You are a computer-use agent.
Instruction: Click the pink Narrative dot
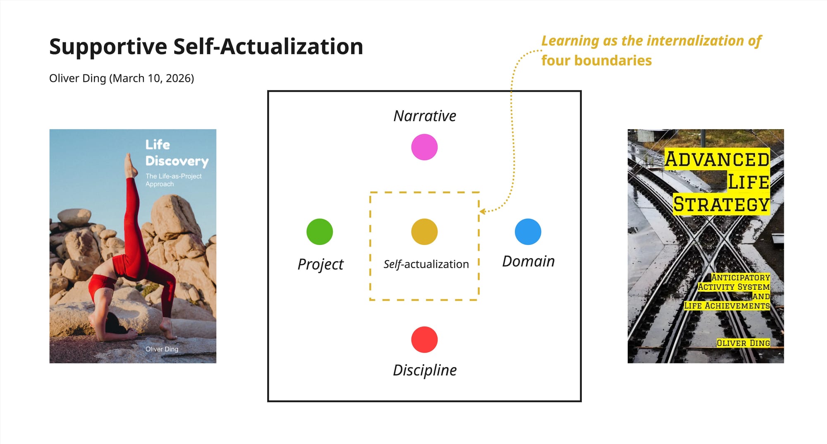(x=424, y=147)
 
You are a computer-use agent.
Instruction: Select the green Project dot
(x=320, y=232)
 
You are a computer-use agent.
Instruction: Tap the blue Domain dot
(x=528, y=232)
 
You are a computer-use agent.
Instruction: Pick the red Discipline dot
(x=424, y=340)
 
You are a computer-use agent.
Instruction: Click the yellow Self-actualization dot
(x=424, y=232)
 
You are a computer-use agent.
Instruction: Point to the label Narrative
(x=425, y=116)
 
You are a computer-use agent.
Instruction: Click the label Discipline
(x=425, y=370)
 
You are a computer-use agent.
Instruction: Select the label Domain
(x=528, y=262)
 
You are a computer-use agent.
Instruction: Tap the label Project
(x=320, y=264)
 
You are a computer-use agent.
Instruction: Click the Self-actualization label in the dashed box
(x=426, y=264)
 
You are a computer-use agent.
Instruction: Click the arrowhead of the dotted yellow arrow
(x=482, y=211)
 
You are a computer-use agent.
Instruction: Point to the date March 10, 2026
(x=151, y=78)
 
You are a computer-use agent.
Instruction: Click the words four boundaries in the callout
(x=596, y=61)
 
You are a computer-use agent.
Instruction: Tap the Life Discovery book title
(x=177, y=153)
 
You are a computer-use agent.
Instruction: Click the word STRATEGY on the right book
(x=721, y=204)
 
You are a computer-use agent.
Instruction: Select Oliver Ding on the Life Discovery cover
(x=162, y=349)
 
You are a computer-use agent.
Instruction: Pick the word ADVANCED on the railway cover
(x=717, y=160)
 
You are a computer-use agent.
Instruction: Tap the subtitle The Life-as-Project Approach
(x=173, y=180)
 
